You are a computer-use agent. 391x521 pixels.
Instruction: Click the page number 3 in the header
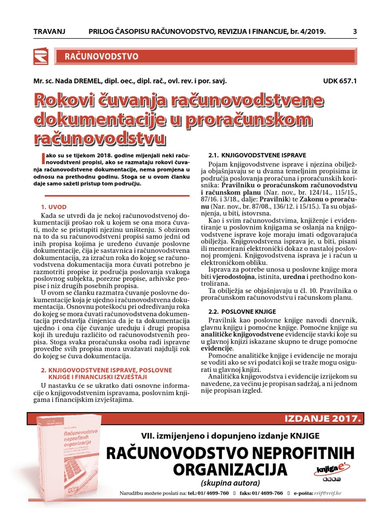pos(354,32)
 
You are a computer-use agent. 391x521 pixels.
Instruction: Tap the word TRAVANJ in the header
pos(49,32)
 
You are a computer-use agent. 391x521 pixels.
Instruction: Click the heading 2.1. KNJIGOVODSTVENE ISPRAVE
pos(258,154)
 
